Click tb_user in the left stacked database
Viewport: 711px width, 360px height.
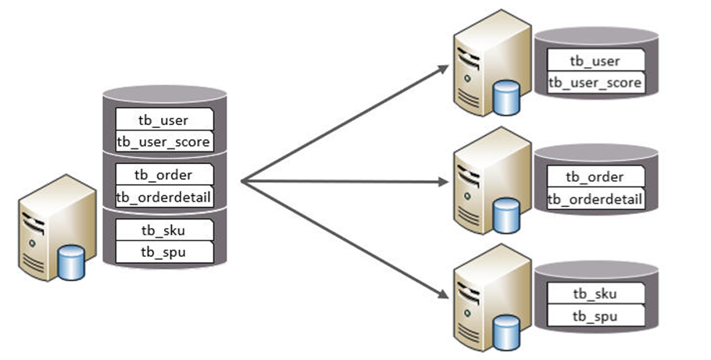click(x=164, y=119)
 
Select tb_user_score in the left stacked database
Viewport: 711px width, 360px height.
click(x=164, y=141)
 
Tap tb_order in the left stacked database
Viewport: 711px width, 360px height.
click(x=164, y=175)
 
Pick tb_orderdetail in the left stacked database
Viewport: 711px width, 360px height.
click(x=164, y=197)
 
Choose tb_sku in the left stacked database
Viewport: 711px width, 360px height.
click(x=164, y=230)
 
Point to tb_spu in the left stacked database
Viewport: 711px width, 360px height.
click(x=164, y=251)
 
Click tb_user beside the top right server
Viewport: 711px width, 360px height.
click(x=596, y=61)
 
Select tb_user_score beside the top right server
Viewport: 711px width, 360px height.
click(x=596, y=83)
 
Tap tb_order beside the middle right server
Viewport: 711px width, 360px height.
click(x=595, y=177)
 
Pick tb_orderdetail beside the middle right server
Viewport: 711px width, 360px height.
click(x=595, y=199)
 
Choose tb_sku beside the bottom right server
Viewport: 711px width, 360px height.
click(x=595, y=294)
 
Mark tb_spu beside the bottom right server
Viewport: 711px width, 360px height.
click(x=595, y=315)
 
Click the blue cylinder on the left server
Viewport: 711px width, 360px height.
click(x=72, y=262)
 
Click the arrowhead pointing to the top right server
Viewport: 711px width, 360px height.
click(x=445, y=68)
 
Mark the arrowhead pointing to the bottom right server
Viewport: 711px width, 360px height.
click(x=445, y=297)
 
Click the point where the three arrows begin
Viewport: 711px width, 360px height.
click(x=242, y=182)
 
